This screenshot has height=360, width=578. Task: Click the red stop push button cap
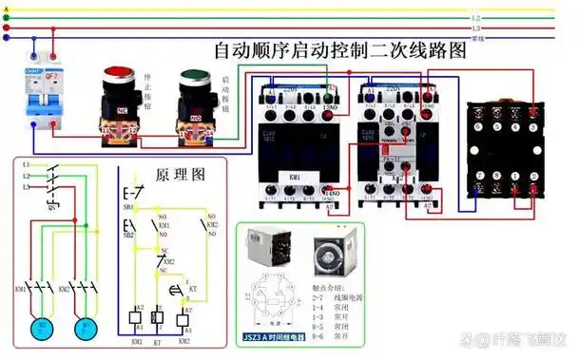[118, 74]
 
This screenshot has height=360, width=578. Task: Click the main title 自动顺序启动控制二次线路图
[339, 50]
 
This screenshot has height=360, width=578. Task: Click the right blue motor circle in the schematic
[85, 328]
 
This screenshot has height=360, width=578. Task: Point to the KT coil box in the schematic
[159, 317]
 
